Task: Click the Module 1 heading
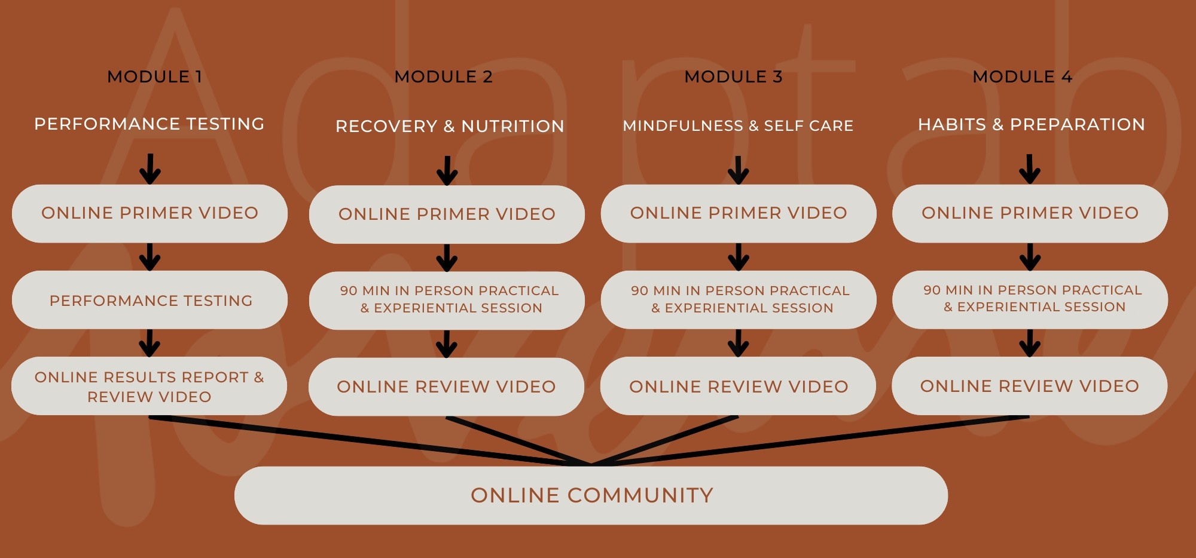pyautogui.click(x=154, y=76)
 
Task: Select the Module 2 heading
pyautogui.click(x=443, y=76)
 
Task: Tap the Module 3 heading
pyautogui.click(x=733, y=76)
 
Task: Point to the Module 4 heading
pyautogui.click(x=1022, y=76)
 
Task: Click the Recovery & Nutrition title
pyautogui.click(x=450, y=126)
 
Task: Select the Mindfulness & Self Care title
pyautogui.click(x=738, y=125)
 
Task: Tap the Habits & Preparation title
pyautogui.click(x=1032, y=124)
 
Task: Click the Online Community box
pyautogui.click(x=591, y=495)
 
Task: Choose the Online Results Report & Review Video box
pyautogui.click(x=149, y=387)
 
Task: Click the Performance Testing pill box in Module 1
pyautogui.click(x=150, y=300)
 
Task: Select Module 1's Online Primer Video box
pyautogui.click(x=149, y=213)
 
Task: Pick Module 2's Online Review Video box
pyautogui.click(x=446, y=387)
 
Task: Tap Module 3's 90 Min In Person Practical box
pyautogui.click(x=739, y=299)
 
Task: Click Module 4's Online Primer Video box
pyautogui.click(x=1030, y=213)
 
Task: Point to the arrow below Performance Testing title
pyautogui.click(x=150, y=169)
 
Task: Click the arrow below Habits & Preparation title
pyautogui.click(x=1029, y=169)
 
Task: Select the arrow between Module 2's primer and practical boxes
pyautogui.click(x=447, y=257)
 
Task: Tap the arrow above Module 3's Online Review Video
pyautogui.click(x=739, y=343)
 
